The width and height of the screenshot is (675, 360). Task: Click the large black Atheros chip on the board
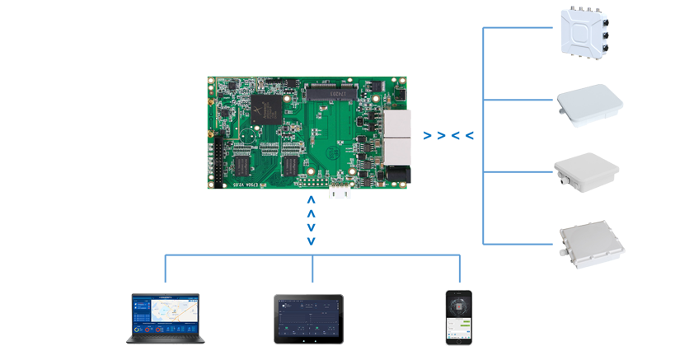269,110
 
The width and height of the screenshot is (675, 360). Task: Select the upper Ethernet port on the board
394,126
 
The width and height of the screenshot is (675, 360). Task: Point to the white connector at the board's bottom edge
340,191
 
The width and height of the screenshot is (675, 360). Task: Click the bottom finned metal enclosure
589,245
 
